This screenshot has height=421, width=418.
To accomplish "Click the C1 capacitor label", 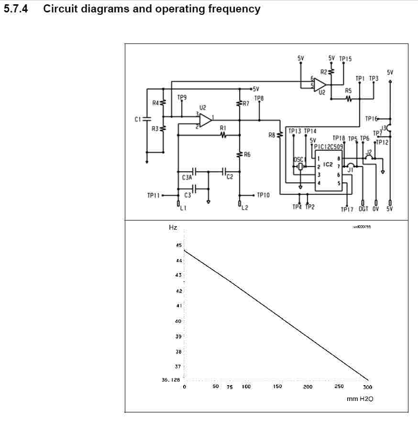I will coord(138,119).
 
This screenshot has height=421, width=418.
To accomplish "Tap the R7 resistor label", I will coord(246,103).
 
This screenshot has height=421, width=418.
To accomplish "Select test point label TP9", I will coord(182,97).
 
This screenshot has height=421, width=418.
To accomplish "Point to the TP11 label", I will coord(154,195).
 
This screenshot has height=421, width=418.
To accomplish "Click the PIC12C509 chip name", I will coord(329,147).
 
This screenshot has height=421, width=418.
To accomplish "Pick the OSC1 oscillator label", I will coord(299,159).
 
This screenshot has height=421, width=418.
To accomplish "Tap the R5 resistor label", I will coord(348,90).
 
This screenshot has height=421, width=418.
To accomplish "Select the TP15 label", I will coord(345,59).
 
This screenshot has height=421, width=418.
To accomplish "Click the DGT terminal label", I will coord(363,209).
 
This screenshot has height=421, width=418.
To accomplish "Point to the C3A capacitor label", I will coord(187,177).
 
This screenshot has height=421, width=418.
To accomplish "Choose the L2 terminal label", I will coord(245,208).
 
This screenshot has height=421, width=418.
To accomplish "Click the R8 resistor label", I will coord(272,135).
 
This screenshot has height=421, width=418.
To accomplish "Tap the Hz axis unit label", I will coord(173,228).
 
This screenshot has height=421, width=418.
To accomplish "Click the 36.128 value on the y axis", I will coord(171,380).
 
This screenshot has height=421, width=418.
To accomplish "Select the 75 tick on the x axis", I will coord(230,387).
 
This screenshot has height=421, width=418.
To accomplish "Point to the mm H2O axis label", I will coord(360,399).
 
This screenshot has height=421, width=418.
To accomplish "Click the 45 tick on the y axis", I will coord(179,245).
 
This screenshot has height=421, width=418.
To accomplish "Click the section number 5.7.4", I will coord(16,9).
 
